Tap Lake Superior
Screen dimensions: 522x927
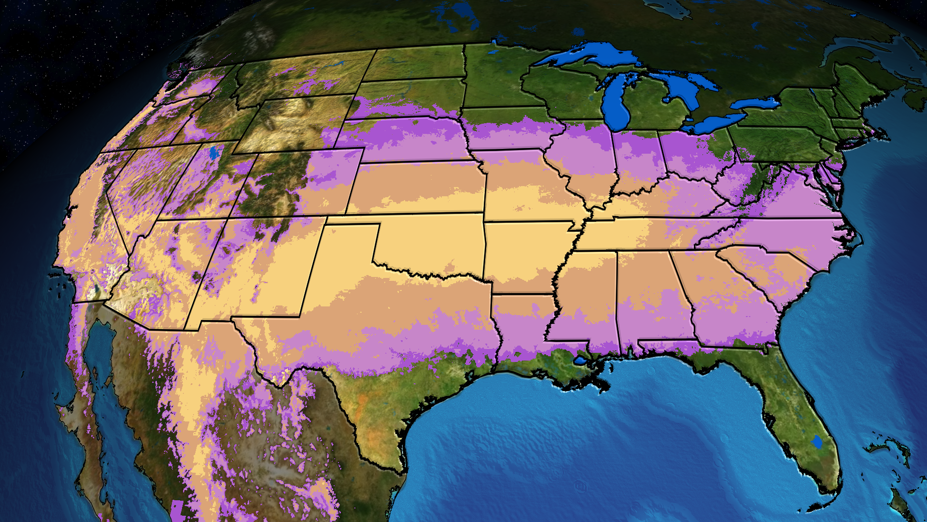(589, 56)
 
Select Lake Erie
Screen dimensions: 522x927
(715, 123)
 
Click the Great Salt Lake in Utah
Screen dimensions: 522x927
(214, 153)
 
